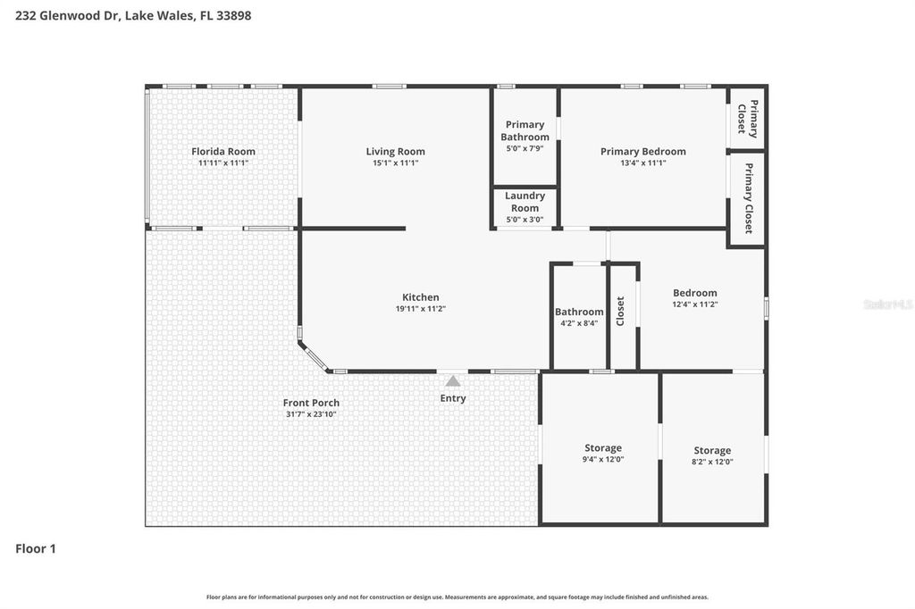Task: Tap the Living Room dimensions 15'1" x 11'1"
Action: pos(395,163)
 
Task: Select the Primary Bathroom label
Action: pos(525,130)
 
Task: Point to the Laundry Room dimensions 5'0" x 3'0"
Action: pos(525,220)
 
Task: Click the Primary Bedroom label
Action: pos(642,151)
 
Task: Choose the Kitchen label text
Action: pos(420,297)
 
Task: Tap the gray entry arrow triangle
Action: pos(453,381)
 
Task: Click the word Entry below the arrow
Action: pos(453,398)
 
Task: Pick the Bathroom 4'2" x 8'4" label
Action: pos(579,317)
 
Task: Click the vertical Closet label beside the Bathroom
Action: pos(620,311)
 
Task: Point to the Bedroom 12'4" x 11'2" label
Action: pos(694,298)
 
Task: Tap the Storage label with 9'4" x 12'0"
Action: pos(603,453)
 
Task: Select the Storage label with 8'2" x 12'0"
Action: pos(712,455)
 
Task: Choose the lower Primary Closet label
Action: pos(748,198)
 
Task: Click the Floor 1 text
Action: pos(36,549)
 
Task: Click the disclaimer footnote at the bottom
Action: pos(457,596)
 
